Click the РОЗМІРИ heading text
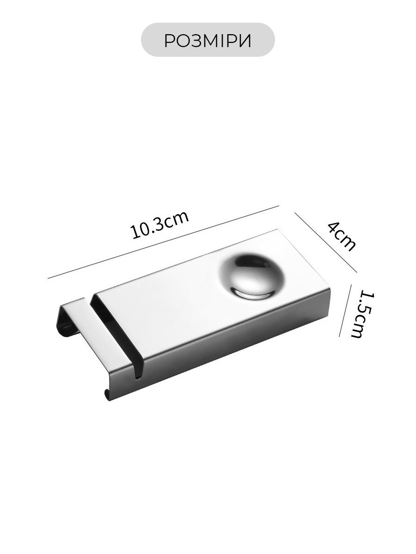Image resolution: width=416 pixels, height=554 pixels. point(208,40)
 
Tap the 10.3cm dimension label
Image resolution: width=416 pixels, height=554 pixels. point(159,224)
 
